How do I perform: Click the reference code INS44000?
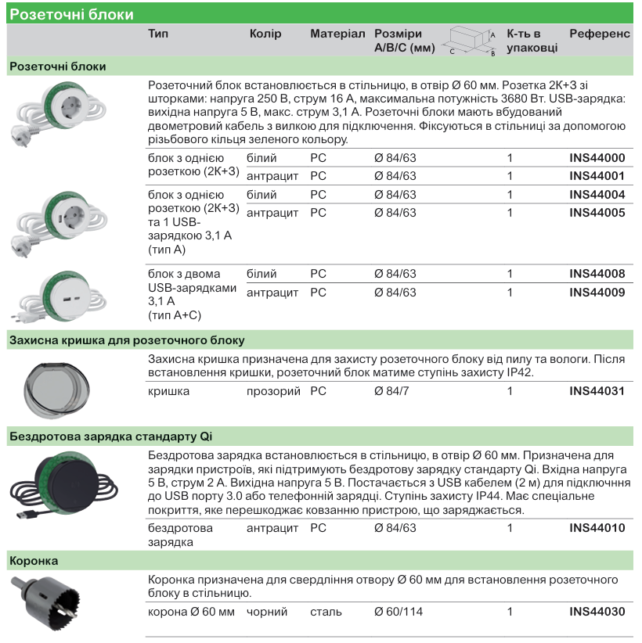[597, 158]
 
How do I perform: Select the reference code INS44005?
[597, 213]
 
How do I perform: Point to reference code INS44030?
[597, 612]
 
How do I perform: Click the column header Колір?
[265, 34]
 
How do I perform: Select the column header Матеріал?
[337, 34]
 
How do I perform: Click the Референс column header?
[599, 34]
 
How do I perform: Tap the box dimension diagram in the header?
[471, 41]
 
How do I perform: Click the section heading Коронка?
[34, 561]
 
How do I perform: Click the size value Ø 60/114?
[399, 612]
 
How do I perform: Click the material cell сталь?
[326, 612]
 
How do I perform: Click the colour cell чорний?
[267, 612]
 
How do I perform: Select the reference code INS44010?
[597, 529]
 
